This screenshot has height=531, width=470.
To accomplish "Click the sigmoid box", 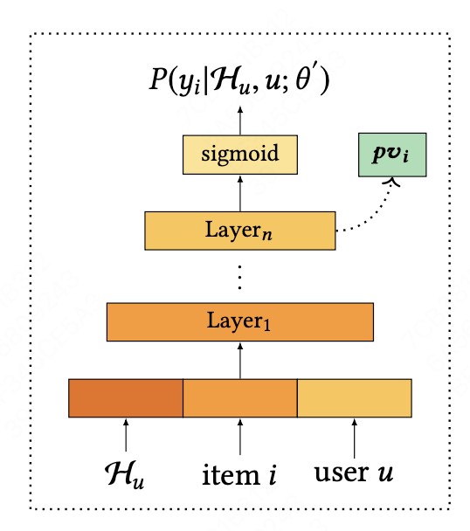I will [240, 155].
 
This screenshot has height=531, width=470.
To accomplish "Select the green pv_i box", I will [392, 155].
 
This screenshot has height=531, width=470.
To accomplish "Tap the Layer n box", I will [240, 231].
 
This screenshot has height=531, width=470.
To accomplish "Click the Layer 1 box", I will [240, 321].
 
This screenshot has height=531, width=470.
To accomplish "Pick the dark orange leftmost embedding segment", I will [126, 398].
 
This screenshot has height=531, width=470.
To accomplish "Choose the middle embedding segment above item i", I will [240, 398].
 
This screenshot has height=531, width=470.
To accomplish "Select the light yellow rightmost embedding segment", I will [355, 398].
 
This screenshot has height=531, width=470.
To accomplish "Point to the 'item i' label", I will [240, 475].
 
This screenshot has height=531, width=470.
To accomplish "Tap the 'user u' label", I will [354, 475].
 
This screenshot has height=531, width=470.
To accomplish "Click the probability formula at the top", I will [240, 85].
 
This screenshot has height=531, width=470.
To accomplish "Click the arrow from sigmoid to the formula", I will [240, 121].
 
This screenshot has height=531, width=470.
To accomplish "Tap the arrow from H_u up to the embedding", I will [126, 435].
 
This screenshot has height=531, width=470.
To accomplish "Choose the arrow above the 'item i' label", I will [240, 435].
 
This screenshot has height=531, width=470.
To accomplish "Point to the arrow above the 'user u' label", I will [355, 435].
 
